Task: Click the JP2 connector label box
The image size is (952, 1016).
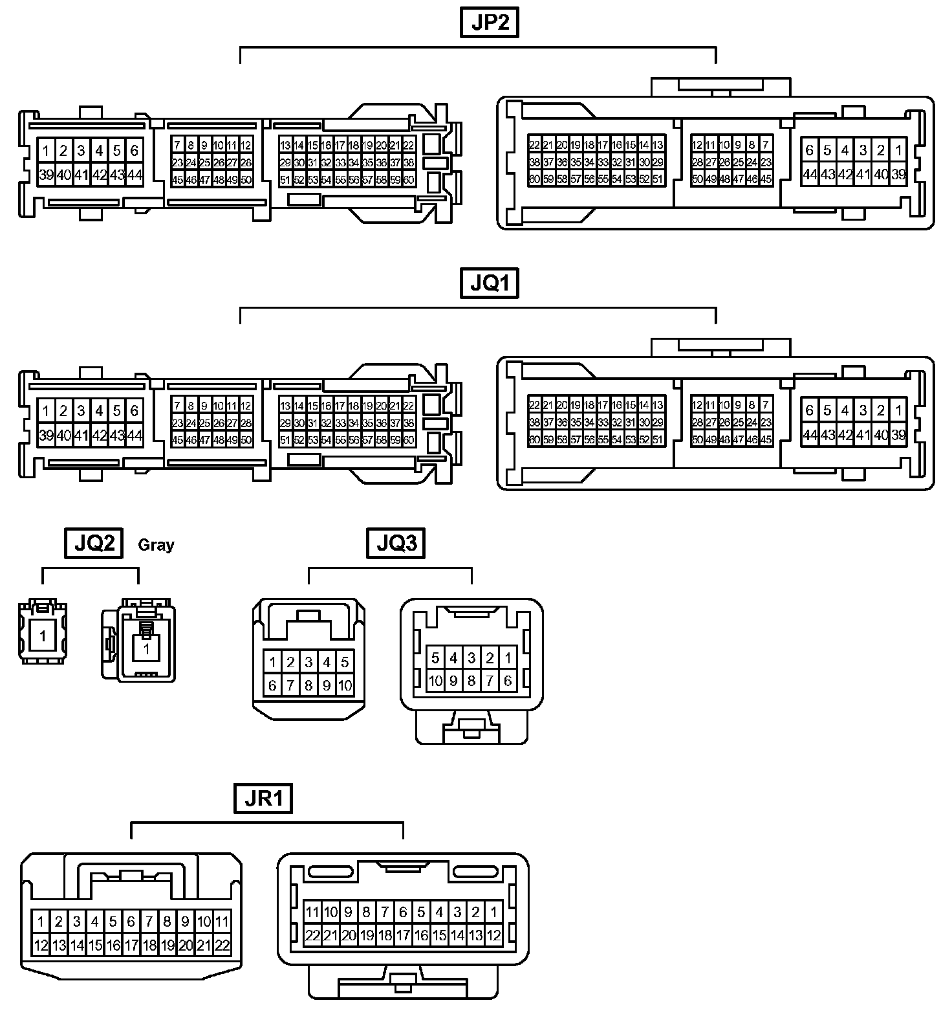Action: pos(490,23)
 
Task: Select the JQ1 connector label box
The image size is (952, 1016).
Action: pos(490,283)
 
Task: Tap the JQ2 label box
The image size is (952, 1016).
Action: pos(94,543)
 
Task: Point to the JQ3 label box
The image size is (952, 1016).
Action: pos(396,543)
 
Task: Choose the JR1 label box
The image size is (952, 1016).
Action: pos(263,799)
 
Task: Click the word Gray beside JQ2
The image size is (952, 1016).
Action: pos(156,545)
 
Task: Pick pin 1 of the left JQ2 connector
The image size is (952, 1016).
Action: pos(43,636)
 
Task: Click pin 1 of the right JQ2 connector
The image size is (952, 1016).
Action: pos(147,648)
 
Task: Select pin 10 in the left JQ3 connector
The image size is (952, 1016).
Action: pos(345,685)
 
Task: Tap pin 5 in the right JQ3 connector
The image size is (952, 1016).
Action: pos(436,658)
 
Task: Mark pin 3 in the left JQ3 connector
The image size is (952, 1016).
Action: pos(308,662)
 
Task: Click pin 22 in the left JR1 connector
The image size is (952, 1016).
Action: pos(222,945)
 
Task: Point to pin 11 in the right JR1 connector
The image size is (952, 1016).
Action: pos(312,912)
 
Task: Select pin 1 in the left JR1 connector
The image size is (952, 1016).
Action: pos(41,922)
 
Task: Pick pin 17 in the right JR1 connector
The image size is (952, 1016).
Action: pos(403,935)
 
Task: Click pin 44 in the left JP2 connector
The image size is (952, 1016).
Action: pos(135,175)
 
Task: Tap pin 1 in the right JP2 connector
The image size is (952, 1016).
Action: pos(898,150)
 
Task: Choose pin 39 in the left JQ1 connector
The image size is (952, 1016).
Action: pos(46,435)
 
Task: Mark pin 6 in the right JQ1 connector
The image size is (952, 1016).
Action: pos(809,410)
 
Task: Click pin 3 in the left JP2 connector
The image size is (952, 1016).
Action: pos(81,151)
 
